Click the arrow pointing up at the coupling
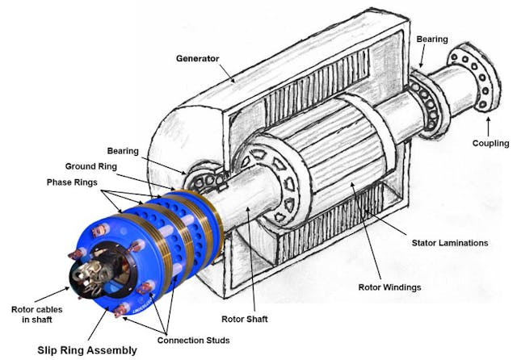[486, 123]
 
